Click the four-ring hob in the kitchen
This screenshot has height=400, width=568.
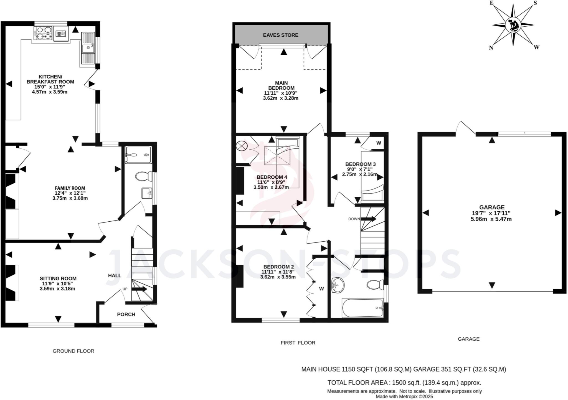43,33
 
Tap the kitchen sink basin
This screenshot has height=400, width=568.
88,48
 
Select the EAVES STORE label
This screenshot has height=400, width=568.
281,35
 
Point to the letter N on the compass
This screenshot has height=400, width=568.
491,48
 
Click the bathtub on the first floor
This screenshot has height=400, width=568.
362,308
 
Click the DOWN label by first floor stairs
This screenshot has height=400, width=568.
354,219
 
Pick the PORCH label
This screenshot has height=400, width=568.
126,314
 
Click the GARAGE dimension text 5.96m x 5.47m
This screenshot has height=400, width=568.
491,219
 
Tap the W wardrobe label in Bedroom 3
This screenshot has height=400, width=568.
379,143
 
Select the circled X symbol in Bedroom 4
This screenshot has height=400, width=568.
241,146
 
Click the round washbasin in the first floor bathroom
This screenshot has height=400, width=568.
338,285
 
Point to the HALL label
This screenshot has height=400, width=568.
115,275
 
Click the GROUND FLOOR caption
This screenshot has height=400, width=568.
73,351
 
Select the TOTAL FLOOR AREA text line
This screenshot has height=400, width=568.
404,383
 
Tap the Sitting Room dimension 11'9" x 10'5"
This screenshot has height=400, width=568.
58,283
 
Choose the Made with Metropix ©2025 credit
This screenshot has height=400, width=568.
404,397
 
